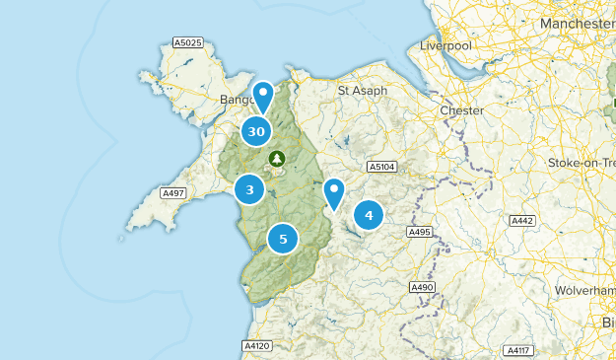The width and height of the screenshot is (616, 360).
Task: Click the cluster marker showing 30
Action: pyautogui.click(x=256, y=131)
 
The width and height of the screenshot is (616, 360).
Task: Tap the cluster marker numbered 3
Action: pyautogui.click(x=250, y=189)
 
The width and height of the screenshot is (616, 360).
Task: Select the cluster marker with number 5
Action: pyautogui.click(x=283, y=238)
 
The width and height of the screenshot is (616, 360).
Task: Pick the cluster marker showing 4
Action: pyautogui.click(x=369, y=214)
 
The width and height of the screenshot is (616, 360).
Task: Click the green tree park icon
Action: pyautogui.click(x=277, y=158)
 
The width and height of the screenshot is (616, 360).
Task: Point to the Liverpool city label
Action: pyautogui.click(x=446, y=45)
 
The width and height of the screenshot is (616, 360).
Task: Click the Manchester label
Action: pyautogui.click(x=578, y=23)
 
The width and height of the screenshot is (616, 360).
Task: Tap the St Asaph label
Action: pyautogui.click(x=363, y=91)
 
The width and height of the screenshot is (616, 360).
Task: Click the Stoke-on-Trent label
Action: pyautogui.click(x=582, y=163)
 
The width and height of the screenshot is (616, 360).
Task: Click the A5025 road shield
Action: pyautogui.click(x=187, y=42)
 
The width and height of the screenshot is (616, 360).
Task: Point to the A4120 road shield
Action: pyautogui.click(x=254, y=346)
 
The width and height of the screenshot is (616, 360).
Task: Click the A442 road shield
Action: pyautogui.click(x=521, y=219)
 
